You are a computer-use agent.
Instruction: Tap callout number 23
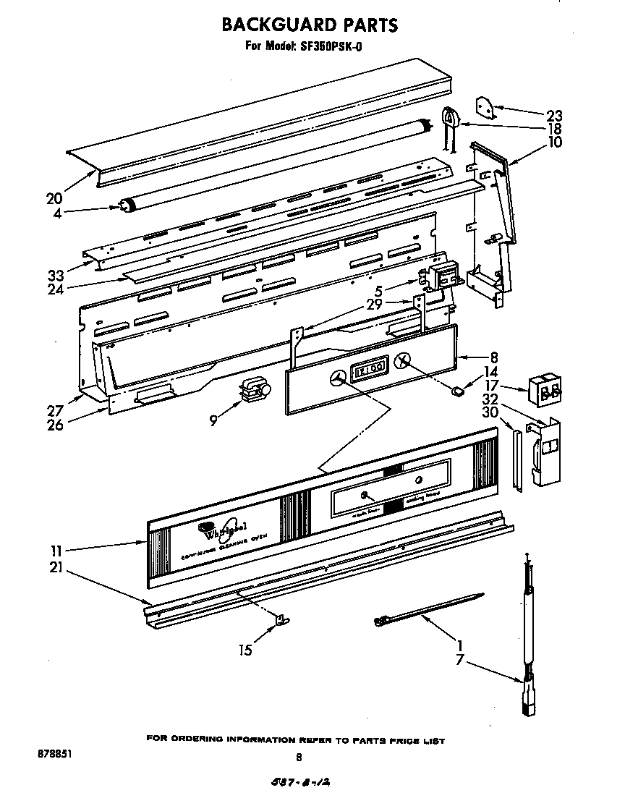tap(555, 115)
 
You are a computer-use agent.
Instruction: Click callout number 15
tap(246, 650)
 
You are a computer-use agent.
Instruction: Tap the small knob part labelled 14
tap(456, 392)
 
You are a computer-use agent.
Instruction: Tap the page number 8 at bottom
tap(298, 758)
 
